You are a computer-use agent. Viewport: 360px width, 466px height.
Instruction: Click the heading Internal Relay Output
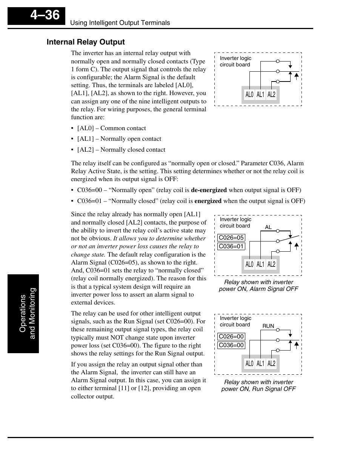[86, 42]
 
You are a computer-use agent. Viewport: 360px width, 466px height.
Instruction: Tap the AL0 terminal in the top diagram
[249, 95]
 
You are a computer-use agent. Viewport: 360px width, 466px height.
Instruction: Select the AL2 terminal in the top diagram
[271, 95]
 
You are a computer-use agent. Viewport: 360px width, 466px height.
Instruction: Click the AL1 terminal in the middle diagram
[260, 265]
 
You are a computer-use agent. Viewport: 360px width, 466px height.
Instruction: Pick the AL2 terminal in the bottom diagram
[271, 364]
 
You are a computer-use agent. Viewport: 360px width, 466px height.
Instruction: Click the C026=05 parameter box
[231, 238]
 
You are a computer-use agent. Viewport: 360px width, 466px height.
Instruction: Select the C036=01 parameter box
[231, 246]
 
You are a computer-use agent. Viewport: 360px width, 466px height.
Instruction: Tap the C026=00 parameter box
[231, 337]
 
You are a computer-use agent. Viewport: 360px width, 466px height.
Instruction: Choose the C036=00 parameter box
[231, 345]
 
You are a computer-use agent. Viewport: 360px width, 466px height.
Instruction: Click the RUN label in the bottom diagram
[268, 326]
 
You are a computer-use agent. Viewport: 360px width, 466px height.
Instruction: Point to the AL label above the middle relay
[268, 227]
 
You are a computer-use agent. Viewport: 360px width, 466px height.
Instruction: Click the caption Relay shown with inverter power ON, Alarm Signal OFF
[258, 286]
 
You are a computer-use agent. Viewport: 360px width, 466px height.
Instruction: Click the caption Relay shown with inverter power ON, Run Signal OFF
[258, 386]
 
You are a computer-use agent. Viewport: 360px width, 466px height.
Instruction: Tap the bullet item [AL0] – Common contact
[111, 128]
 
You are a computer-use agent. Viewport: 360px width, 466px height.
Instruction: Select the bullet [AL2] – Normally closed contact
[121, 150]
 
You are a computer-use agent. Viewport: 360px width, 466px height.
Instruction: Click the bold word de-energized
[209, 190]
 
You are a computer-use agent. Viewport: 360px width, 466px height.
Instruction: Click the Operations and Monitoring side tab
[23, 314]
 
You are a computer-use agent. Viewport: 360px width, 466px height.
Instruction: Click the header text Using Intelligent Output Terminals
[120, 23]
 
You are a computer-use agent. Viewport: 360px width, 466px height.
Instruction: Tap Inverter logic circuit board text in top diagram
[235, 62]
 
